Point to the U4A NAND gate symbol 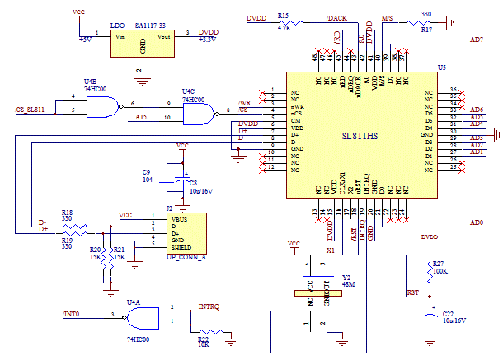click(142, 315)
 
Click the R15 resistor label click(283, 16)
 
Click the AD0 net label click(476, 222)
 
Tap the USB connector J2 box click(186, 233)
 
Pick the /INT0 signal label click(73, 315)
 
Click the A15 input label click(143, 119)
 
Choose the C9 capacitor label click(147, 171)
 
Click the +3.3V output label click(209, 40)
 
